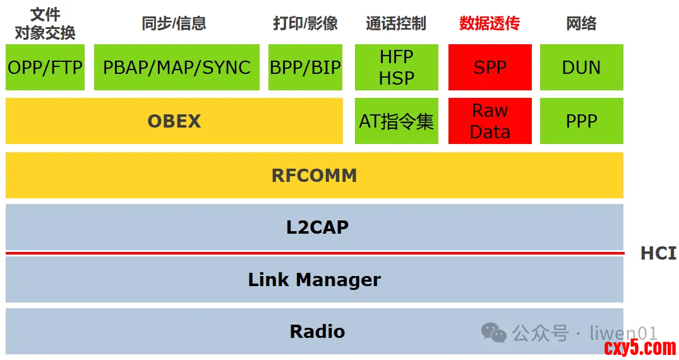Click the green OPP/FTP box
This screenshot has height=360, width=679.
[45, 67]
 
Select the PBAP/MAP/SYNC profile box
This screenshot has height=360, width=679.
[177, 67]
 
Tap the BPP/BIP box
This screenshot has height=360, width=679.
[305, 67]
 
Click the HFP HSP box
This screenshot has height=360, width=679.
[397, 67]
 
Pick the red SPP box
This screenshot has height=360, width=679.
[490, 67]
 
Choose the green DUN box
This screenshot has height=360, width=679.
[581, 67]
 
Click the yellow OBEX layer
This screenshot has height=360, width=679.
[174, 121]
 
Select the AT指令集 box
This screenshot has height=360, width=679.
[397, 121]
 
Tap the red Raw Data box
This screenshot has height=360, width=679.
[490, 121]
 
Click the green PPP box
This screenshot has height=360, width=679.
[581, 121]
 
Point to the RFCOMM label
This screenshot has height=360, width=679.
[314, 175]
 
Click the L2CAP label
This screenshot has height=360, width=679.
[317, 227]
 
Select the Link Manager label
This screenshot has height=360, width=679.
[314, 279]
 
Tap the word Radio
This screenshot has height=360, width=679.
[317, 331]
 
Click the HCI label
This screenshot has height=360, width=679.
[658, 253]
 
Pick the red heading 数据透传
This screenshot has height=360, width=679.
[490, 24]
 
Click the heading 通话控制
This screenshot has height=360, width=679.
[396, 24]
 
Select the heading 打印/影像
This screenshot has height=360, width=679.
[305, 24]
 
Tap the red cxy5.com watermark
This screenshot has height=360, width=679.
[640, 347]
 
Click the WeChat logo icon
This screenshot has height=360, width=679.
[493, 332]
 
